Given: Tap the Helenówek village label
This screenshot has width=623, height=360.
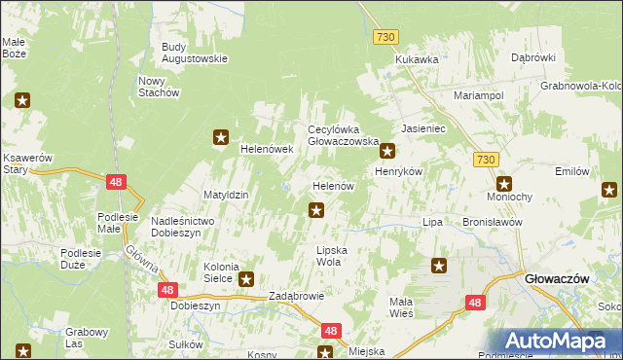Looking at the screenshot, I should tap(267, 149).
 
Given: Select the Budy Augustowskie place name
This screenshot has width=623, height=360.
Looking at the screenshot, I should tap(194, 52).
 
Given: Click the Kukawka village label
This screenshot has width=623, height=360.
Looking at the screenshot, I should tap(417, 59).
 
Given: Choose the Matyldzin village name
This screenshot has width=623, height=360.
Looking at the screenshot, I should tap(226, 195).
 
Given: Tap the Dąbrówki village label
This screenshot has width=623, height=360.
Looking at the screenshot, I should tap(532, 57).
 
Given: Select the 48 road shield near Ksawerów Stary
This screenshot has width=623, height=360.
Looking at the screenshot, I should tap(116, 181).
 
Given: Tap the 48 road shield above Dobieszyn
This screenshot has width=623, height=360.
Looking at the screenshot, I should tap(168, 289).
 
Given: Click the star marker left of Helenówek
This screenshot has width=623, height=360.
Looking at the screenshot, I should tap(222, 138).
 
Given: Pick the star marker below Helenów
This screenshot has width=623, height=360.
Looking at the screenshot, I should tap(316, 208).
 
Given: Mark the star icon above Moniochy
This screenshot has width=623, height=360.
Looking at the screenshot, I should tap(504, 183).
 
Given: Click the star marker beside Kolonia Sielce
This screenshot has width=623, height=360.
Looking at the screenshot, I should tap(247, 277).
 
